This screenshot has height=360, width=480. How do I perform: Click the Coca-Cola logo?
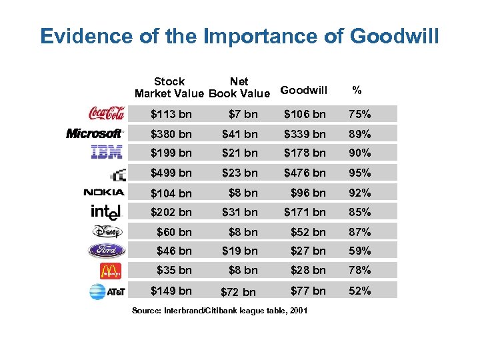[107, 113]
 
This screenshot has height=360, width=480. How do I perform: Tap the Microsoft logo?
[95, 133]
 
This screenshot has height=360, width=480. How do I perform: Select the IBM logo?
[107, 153]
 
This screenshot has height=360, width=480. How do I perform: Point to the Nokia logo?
[103, 193]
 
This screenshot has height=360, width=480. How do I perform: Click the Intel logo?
[107, 212]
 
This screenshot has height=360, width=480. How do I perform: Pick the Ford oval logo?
[107, 251]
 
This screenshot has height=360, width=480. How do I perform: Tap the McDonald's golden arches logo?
[110, 271]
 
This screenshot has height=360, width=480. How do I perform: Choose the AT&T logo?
[107, 291]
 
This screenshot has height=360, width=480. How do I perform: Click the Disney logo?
[107, 232]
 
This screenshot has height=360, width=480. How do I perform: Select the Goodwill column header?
[304, 90]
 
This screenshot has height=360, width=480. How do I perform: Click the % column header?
[357, 90]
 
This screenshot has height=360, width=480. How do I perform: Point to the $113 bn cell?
[171, 113]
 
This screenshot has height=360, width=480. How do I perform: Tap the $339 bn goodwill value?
[305, 134]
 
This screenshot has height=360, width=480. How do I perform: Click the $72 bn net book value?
[239, 292]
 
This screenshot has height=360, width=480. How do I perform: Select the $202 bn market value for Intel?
[171, 213]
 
